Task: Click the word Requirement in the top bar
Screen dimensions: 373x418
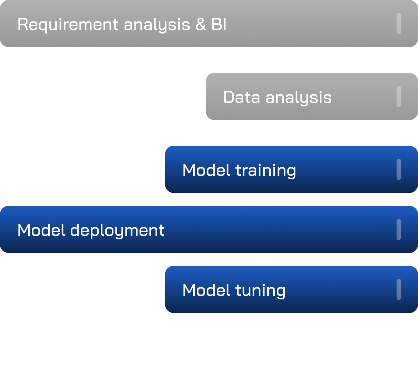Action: pos(68,25)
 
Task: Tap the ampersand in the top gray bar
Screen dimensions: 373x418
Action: pos(201,25)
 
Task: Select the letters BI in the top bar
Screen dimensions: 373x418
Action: pos(218,25)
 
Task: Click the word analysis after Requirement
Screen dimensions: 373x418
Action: pos(157,25)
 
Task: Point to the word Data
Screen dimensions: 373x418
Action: pos(242,97)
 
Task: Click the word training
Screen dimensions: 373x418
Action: pos(266,170)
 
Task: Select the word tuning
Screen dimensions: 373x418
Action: pos(260,290)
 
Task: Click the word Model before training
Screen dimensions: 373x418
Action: pos(206,170)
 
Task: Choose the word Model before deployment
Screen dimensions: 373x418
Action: pos(41,230)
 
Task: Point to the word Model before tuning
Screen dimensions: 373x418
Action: pos(206,290)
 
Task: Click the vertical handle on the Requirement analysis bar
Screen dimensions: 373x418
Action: pos(398,24)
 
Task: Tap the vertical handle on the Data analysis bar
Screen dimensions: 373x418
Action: pos(398,96)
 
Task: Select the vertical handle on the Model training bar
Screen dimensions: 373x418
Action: pos(398,169)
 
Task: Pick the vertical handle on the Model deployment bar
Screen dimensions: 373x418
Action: pos(398,229)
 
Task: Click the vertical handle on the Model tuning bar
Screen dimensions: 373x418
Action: pos(398,289)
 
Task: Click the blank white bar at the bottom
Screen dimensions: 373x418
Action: pos(209,349)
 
